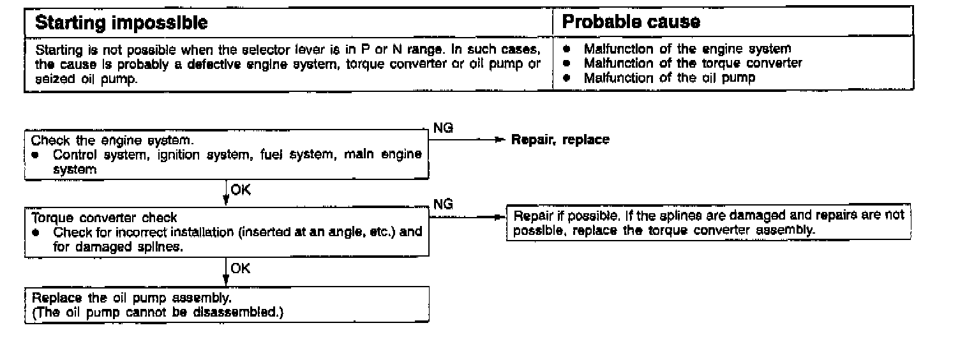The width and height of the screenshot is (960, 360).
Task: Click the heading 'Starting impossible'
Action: (121, 23)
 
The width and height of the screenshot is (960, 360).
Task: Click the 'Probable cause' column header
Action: (631, 22)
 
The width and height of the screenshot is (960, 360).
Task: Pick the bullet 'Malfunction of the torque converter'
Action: (693, 63)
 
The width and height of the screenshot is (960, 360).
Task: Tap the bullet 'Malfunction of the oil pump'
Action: (670, 78)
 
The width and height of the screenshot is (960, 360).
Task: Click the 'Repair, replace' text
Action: (560, 140)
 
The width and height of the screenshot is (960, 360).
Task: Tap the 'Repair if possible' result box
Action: (709, 223)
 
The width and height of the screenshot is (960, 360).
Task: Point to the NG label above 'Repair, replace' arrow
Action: (443, 128)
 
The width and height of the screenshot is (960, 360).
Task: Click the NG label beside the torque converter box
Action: (443, 204)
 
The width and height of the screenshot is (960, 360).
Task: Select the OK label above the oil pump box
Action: (241, 269)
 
